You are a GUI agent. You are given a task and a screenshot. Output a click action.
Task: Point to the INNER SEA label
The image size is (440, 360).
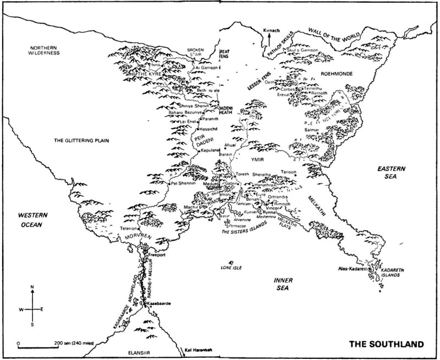click(285, 284)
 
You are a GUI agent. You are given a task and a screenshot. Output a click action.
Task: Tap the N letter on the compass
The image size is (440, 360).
click(32, 287)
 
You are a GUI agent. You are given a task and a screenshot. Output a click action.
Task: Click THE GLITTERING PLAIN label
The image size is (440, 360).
click(79, 141)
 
